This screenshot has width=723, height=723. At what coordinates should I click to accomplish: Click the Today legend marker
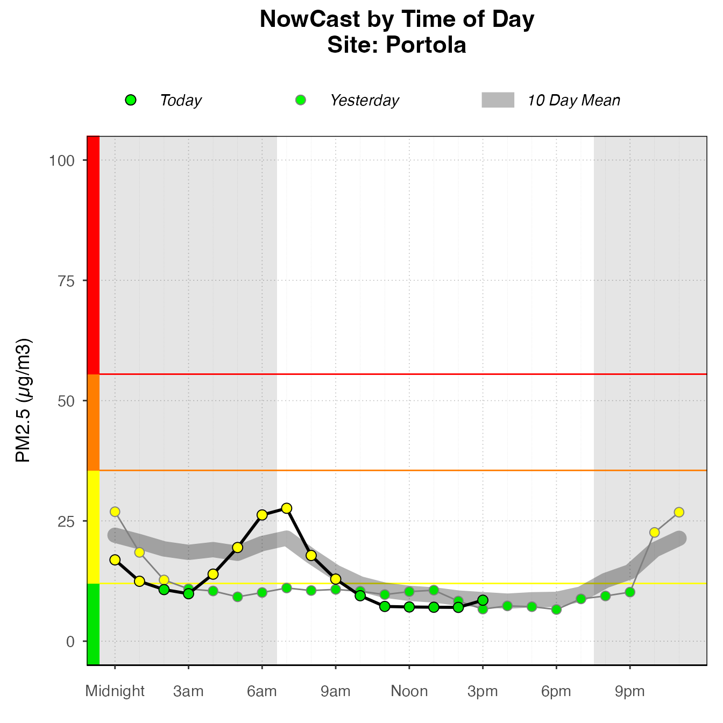[131, 100]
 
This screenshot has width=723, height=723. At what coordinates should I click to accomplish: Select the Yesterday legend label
[364, 101]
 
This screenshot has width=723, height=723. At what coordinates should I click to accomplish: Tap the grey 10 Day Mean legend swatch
[498, 100]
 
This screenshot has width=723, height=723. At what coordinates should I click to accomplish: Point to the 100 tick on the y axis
[61, 160]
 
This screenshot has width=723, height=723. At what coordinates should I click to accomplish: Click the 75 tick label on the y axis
[66, 281]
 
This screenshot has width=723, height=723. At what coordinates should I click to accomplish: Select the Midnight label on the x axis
[115, 691]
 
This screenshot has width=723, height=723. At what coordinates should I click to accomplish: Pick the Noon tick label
[409, 691]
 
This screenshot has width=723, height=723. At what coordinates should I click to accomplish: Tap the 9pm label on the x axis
[630, 691]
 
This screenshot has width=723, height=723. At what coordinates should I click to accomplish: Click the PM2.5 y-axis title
[24, 401]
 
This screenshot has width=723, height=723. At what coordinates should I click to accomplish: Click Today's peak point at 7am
[287, 508]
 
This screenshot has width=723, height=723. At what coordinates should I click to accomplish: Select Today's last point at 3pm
[483, 600]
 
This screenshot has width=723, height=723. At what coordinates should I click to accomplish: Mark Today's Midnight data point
[115, 560]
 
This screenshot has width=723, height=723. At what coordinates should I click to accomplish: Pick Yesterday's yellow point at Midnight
[115, 512]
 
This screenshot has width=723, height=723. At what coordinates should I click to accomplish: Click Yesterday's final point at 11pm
[679, 512]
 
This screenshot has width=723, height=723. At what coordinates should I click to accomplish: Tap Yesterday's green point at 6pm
[556, 609]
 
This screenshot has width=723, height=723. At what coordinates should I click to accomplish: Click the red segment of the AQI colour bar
[93, 256]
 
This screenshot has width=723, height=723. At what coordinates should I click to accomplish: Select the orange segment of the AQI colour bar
[93, 422]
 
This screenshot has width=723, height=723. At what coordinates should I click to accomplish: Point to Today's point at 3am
[188, 593]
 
